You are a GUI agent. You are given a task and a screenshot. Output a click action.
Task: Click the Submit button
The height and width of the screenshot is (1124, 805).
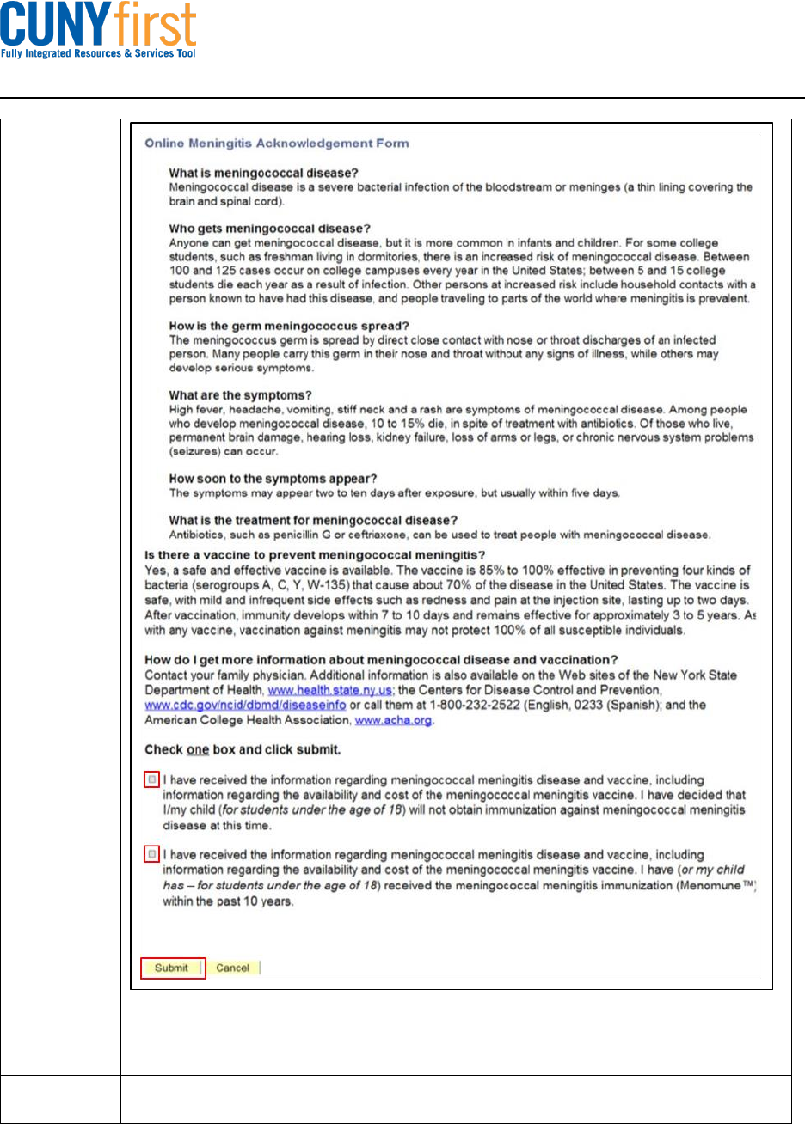[x=172, y=968]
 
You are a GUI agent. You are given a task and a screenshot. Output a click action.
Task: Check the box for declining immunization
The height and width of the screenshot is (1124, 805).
[x=152, y=779]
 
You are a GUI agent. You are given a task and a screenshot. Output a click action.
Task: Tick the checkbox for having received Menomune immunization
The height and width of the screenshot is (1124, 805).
[x=152, y=855]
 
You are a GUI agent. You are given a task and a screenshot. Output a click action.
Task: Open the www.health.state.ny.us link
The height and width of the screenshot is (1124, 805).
[x=319, y=690]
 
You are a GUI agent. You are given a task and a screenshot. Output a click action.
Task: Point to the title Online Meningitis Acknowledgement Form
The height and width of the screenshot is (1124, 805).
[x=276, y=143]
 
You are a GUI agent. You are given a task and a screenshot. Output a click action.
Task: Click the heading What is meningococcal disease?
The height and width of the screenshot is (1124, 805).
[x=258, y=173]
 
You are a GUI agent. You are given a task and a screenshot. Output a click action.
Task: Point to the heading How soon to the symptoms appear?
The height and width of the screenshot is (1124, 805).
[x=273, y=479]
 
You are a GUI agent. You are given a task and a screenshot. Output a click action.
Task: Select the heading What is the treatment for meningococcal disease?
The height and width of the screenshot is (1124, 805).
[x=312, y=521]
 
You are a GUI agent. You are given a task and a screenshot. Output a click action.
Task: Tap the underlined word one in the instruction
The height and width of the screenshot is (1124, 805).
[x=199, y=749]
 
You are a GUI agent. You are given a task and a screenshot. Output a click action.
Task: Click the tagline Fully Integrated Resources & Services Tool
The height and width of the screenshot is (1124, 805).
[x=99, y=53]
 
